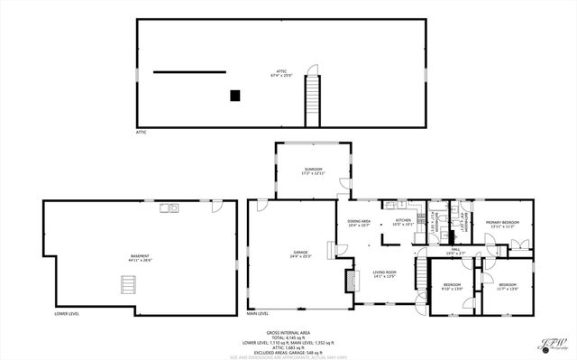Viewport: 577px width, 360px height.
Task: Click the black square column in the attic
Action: tap(235, 95)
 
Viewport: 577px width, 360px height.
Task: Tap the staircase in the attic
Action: tap(314, 99)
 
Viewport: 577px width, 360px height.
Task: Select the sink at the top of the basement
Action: tap(169, 208)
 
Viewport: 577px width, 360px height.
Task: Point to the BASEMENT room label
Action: tap(140, 257)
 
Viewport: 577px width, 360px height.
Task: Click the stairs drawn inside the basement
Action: tap(128, 285)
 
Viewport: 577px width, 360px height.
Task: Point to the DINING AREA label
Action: tap(359, 222)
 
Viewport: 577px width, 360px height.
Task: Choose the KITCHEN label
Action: tap(402, 221)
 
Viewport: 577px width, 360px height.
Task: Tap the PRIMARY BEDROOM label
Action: tap(502, 223)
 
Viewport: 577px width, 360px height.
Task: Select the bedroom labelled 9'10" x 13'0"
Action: tap(451, 286)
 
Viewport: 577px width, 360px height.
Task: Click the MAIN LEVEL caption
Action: tap(259, 314)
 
